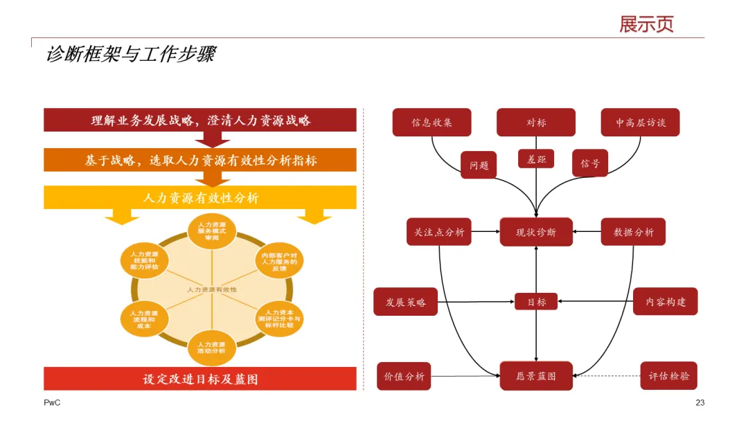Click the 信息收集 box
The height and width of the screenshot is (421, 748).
pyautogui.click(x=431, y=123)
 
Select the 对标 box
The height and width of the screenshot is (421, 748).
pyautogui.click(x=535, y=123)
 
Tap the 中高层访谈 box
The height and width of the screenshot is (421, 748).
pyautogui.click(x=640, y=123)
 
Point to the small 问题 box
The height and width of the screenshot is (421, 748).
pyautogui.click(x=479, y=165)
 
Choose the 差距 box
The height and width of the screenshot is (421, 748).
pyautogui.click(x=536, y=159)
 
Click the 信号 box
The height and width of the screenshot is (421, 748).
pyautogui.click(x=590, y=163)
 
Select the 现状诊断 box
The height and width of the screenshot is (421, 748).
pyautogui.click(x=536, y=232)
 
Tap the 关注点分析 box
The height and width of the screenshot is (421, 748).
pyautogui.click(x=438, y=232)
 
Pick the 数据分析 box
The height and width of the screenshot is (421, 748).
pyautogui.click(x=633, y=232)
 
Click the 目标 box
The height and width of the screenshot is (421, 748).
pyautogui.click(x=536, y=302)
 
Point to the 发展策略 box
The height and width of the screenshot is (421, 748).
pyautogui.click(x=405, y=302)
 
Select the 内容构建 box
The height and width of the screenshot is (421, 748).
pyautogui.click(x=665, y=301)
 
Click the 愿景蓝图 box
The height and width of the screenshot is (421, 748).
pyautogui.click(x=536, y=376)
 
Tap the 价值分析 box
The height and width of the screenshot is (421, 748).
pyautogui.click(x=404, y=376)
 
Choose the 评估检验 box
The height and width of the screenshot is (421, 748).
pyautogui.click(x=668, y=376)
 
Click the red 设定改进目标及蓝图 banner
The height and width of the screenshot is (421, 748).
pyautogui.click(x=200, y=379)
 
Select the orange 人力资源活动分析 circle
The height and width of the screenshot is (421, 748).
pyautogui.click(x=211, y=347)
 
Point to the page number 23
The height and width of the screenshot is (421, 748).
pyautogui.click(x=700, y=403)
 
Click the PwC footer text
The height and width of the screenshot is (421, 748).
pyautogui.click(x=52, y=403)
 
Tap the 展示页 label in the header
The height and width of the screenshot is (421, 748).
pyautogui.click(x=646, y=24)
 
